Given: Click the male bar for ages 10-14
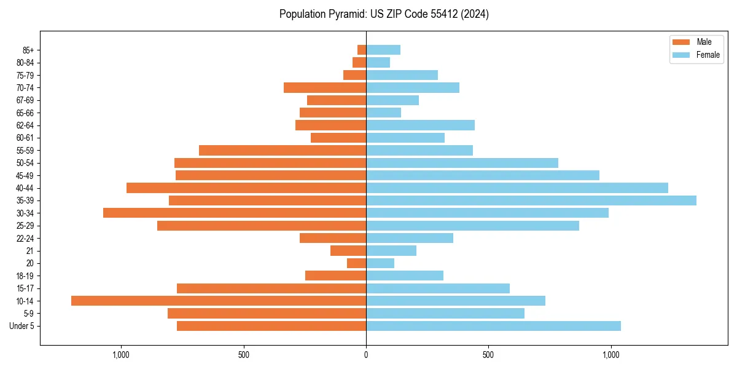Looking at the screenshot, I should (x=219, y=301).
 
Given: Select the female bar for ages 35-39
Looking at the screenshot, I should (x=531, y=200).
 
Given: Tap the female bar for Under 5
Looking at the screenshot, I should (x=493, y=326).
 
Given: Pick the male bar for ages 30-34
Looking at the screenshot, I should (x=235, y=213).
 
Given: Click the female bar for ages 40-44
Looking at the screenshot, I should (x=517, y=188).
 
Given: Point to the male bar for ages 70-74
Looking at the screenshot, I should (x=325, y=87).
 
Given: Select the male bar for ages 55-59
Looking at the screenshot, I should (x=283, y=150).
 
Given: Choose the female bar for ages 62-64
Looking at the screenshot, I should (x=420, y=125).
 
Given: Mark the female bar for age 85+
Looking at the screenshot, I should (x=383, y=50).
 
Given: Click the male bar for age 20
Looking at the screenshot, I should (x=356, y=263).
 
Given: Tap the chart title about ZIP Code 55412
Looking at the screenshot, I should (x=384, y=14).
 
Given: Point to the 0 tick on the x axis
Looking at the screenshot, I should (x=366, y=355).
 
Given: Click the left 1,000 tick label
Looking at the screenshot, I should (x=121, y=355).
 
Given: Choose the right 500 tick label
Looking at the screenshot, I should (x=488, y=355).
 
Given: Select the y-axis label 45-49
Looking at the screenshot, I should (x=25, y=175).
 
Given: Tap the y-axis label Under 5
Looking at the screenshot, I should (x=21, y=326).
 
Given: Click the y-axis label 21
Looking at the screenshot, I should (x=30, y=251).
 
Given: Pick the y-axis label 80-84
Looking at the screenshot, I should (x=25, y=62).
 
